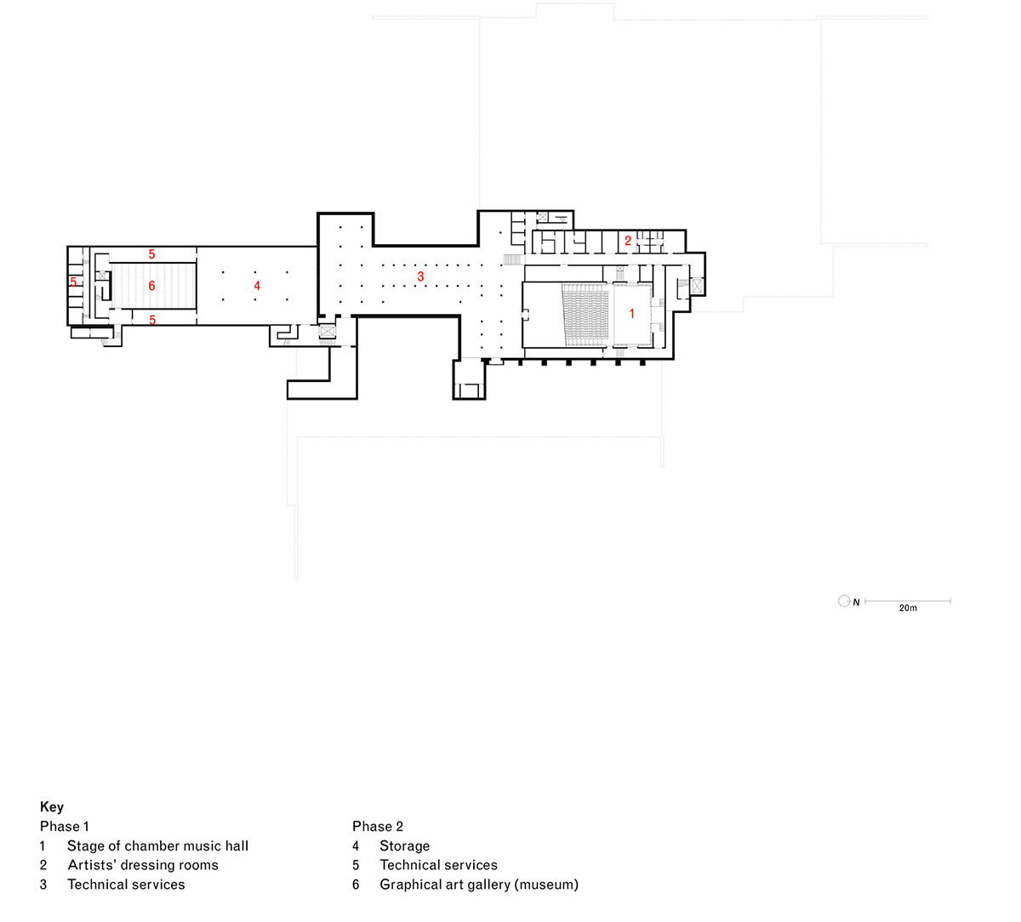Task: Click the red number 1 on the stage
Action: tap(631, 314)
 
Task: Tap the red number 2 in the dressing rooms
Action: tap(628, 241)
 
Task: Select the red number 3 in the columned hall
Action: tap(420, 276)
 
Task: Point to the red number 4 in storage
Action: tap(257, 286)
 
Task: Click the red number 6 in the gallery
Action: tap(151, 286)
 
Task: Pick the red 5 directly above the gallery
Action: tap(151, 254)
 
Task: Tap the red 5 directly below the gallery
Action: tap(152, 320)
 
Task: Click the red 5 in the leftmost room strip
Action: tap(73, 282)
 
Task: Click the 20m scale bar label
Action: tap(908, 607)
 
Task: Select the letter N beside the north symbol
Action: tap(856, 602)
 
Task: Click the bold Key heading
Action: tap(52, 807)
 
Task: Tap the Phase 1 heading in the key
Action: tap(65, 827)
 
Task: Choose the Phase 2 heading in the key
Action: tap(378, 827)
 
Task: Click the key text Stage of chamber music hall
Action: tap(157, 845)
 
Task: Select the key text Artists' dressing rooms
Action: tap(143, 865)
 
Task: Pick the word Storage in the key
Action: tap(405, 846)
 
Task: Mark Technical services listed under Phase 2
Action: tap(439, 865)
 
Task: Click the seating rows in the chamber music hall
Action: tap(586, 316)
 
